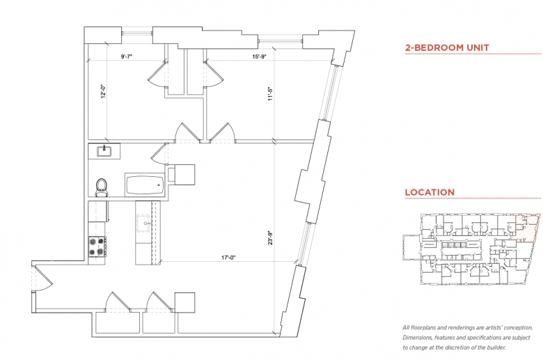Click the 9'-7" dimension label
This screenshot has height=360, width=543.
click(127, 56)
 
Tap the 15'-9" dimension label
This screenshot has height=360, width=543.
click(259, 56)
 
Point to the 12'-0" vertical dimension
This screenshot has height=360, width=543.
click(103, 91)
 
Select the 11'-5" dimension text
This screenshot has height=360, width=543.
click(271, 93)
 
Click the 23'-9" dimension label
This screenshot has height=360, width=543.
click(271, 237)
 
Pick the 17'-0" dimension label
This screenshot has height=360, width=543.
click(228, 258)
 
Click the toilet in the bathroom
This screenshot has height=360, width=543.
click(102, 187)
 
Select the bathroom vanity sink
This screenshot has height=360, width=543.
click(104, 151)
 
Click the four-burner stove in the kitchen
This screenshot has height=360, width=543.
click(97, 246)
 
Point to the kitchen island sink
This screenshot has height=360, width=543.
click(143, 223)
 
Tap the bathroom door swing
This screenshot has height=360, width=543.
click(159, 154)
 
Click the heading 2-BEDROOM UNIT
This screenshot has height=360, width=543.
click(447, 48)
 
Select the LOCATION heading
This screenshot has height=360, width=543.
click(430, 192)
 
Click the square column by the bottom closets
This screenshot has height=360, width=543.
click(184, 302)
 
